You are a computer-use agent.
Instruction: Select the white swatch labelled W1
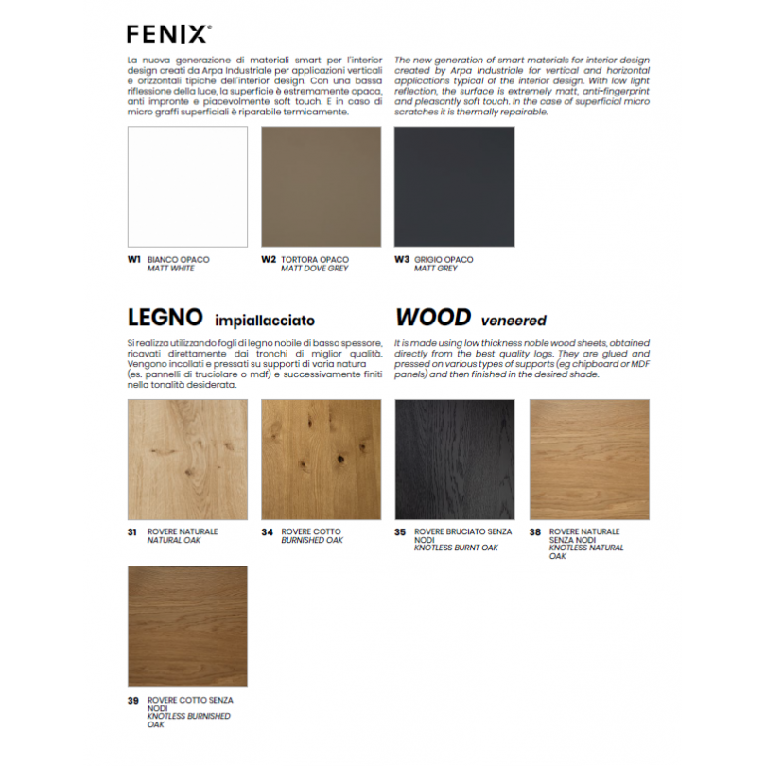(187, 186)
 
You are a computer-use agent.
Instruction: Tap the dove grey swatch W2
(321, 186)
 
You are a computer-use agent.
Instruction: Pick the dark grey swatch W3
(454, 186)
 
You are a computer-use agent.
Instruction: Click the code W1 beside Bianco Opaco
(134, 259)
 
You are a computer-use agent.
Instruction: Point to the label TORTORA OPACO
(314, 259)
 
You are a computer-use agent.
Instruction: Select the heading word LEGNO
(165, 318)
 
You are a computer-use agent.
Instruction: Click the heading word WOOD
(433, 318)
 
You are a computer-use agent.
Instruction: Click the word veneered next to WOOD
(514, 321)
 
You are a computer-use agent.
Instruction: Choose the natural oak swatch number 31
(187, 459)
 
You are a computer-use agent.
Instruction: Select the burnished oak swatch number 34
(321, 459)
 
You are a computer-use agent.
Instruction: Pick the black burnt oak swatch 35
(454, 459)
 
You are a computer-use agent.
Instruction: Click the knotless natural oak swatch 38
(589, 459)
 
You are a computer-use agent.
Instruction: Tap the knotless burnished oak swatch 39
(187, 626)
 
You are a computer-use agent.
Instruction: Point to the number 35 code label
(400, 532)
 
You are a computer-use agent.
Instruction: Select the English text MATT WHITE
(170, 269)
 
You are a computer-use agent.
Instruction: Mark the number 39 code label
(133, 701)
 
